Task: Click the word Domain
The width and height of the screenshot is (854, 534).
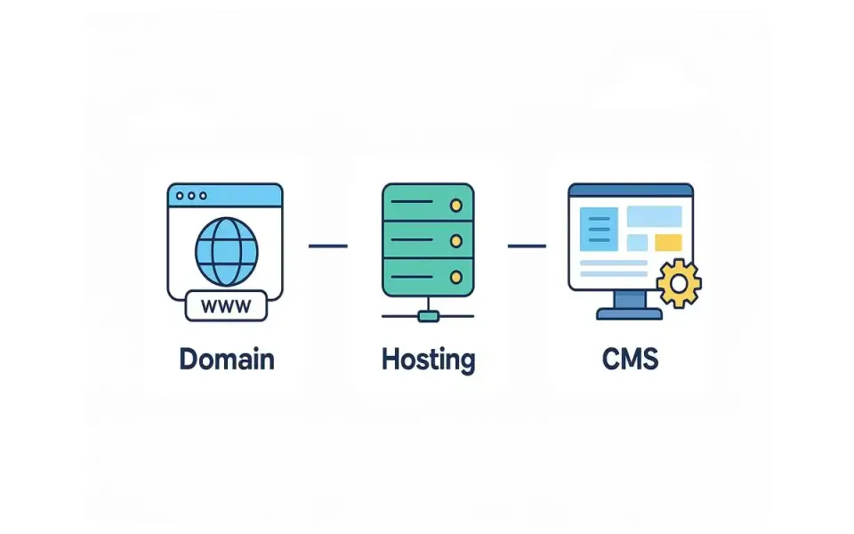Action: [x=227, y=359]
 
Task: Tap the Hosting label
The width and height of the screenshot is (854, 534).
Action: [x=428, y=360]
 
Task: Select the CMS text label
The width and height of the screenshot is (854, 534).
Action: [x=630, y=359]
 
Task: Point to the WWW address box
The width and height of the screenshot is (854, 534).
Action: [x=225, y=306]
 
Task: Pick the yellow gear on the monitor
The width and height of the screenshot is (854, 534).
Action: [x=679, y=284]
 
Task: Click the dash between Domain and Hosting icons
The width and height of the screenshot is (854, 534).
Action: [x=327, y=245]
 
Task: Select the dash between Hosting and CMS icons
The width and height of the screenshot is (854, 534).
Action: [x=527, y=245]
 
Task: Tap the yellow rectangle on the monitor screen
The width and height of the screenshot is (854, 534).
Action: [x=668, y=243]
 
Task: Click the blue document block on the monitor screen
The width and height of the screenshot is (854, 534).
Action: [x=598, y=228]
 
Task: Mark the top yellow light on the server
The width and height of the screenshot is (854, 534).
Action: [x=457, y=206]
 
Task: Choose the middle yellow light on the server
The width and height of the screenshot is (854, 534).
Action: [x=457, y=240]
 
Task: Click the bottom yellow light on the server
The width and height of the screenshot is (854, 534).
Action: [x=457, y=276]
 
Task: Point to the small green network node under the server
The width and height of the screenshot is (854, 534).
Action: [x=428, y=314]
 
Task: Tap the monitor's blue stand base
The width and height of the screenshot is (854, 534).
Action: [x=630, y=312]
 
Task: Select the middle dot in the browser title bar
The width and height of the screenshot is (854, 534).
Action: [x=191, y=196]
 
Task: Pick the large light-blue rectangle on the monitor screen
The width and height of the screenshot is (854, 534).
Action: [x=655, y=216]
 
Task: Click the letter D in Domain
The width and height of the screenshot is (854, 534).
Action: [x=189, y=359]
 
